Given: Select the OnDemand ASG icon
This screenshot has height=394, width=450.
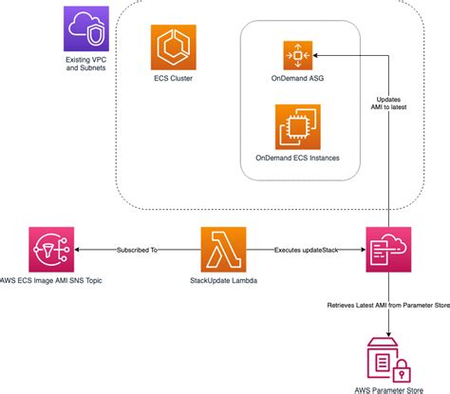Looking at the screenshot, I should coord(298,55).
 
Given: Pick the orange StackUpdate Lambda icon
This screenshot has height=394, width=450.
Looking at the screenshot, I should coord(224,251).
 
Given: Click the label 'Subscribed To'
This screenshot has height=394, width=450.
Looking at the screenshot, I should coord(140,251).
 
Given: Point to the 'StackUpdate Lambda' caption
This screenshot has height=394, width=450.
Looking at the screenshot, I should coord(224,281).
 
